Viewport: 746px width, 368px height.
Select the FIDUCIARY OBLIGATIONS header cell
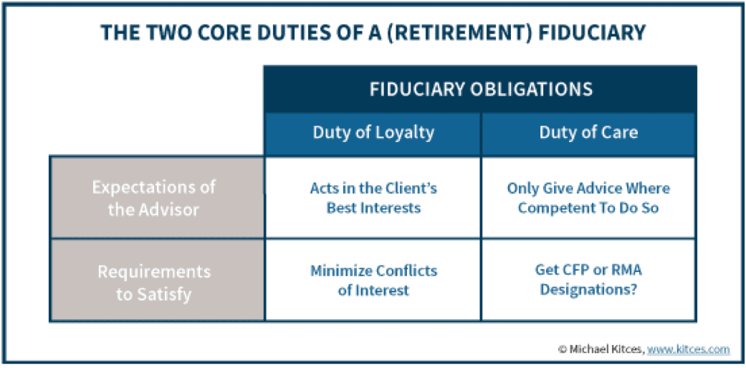pos(481,90)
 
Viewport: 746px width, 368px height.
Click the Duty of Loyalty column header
pos(373,133)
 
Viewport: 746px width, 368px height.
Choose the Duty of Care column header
pos(588,133)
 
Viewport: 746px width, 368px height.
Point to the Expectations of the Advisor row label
pos(157,198)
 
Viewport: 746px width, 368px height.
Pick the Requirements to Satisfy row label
pos(157,280)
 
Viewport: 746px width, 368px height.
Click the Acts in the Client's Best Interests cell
pos(373,198)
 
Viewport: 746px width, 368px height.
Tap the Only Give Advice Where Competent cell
pos(588,198)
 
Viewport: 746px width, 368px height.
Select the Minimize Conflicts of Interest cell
pos(373,280)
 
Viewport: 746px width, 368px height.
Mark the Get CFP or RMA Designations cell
pos(588,280)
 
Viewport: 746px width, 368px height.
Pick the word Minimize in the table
pos(340,271)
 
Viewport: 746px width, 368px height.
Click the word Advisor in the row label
pos(170,209)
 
